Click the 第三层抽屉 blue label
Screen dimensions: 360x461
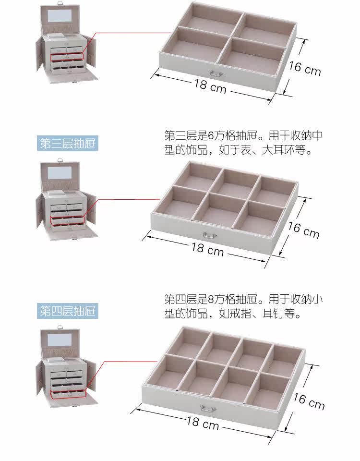click(x=68, y=144)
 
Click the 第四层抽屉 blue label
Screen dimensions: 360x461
click(x=68, y=311)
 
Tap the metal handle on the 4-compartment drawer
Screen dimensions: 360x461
click(x=216, y=73)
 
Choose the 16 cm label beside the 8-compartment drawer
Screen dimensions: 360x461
click(x=309, y=401)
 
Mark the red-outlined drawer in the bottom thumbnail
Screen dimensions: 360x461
click(x=67, y=394)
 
